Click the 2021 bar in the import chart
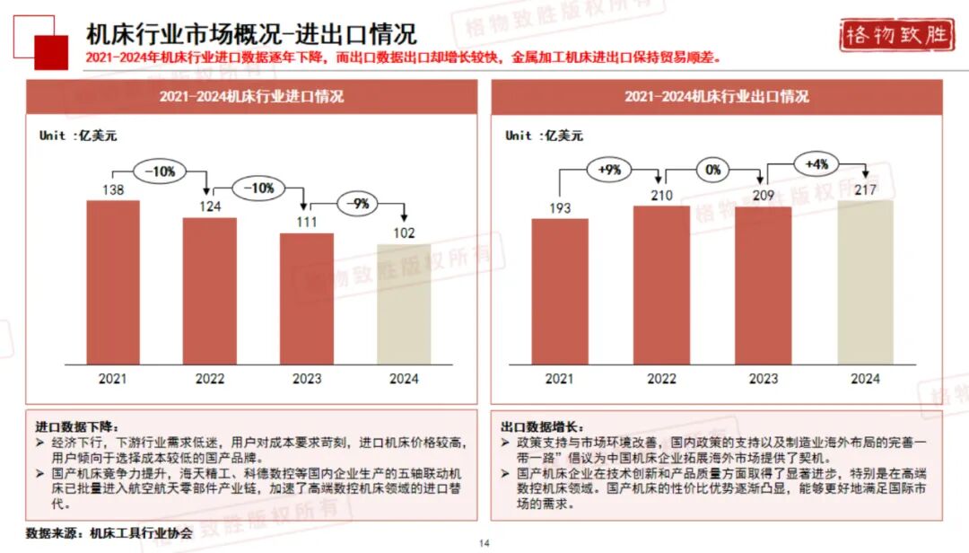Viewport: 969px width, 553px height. pos(113,282)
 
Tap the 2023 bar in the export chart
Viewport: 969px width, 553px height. pos(763,285)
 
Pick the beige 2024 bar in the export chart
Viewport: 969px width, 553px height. pos(865,282)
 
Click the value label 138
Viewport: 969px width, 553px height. pos(113,190)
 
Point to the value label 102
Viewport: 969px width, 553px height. pos(404,234)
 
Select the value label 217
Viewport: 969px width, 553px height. pos(865,190)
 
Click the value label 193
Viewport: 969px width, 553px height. pos(559,209)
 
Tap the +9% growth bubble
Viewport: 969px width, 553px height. pos(609,168)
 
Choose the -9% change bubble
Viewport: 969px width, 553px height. pos(359,204)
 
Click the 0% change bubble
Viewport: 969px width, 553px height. pos(712,168)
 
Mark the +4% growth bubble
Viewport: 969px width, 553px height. pos(816,164)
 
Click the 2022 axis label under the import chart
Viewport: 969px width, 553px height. pos(210,379)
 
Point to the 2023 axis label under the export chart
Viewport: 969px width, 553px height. pos(763,379)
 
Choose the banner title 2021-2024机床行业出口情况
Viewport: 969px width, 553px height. pos(716,96)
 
